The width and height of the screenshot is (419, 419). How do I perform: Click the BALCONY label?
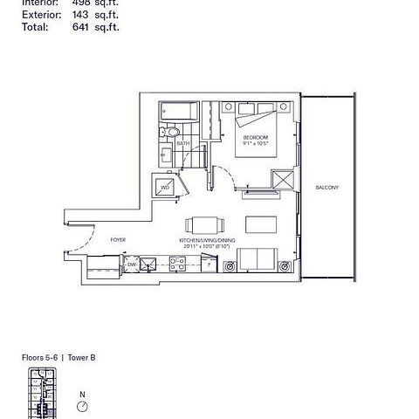click(x=327, y=188)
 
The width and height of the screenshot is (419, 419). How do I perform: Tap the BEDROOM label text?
click(x=256, y=137)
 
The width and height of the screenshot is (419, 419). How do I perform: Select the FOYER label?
click(x=117, y=238)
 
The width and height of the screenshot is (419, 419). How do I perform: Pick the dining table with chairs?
click(x=203, y=223)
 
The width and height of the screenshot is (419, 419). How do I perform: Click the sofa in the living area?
click(x=257, y=260)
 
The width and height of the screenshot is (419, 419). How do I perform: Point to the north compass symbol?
click(x=83, y=406)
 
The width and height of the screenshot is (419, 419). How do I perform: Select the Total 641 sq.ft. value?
click(x=96, y=27)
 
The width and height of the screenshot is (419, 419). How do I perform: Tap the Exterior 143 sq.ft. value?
click(x=96, y=15)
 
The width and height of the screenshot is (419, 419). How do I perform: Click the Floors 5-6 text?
click(x=40, y=358)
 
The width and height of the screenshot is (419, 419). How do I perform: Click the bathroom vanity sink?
click(x=166, y=155)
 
